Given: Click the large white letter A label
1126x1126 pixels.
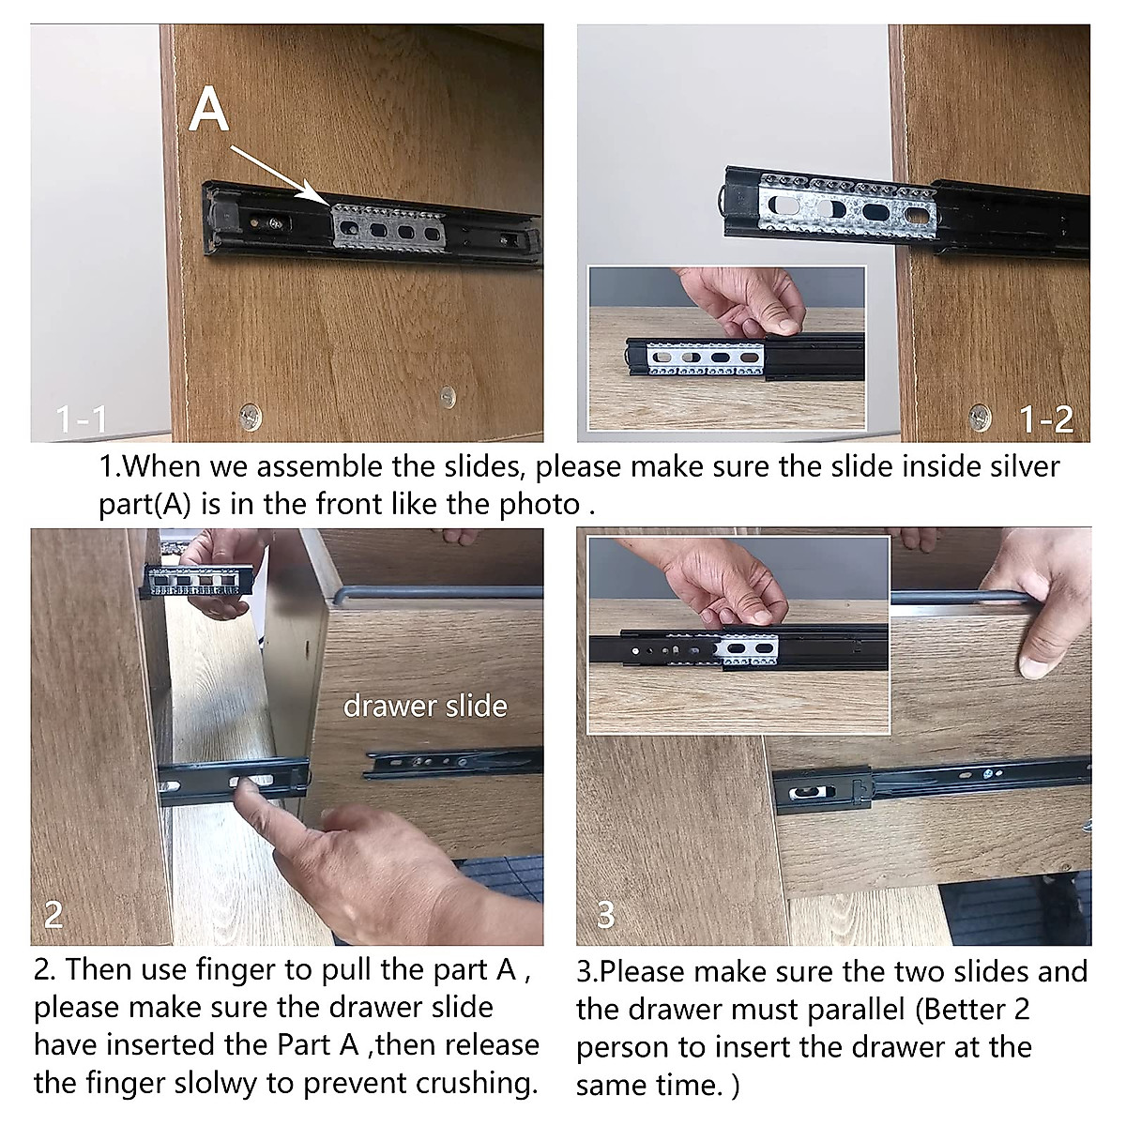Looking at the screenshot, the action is point(208,109).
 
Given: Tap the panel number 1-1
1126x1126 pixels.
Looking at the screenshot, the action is point(82,419).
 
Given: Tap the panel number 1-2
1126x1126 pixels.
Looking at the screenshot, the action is point(1046,419).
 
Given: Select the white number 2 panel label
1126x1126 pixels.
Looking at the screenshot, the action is point(53,915).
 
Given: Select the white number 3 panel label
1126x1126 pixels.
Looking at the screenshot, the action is point(606,915).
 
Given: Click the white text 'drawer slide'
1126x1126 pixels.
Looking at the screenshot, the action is point(425,706).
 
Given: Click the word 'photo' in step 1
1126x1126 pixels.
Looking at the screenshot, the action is point(539,504).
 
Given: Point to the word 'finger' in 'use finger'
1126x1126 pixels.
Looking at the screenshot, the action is point(236,970).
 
